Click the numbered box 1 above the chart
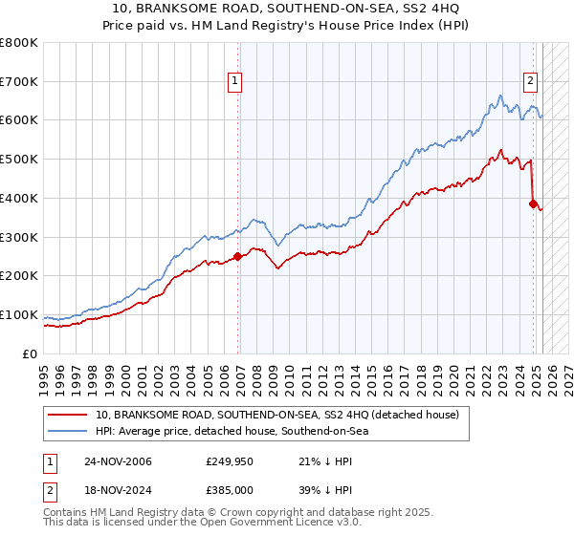234,81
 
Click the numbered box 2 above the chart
530,81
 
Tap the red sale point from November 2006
238,256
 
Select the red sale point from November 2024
533,203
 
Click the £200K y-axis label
19,275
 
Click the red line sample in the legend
68,415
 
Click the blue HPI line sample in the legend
68,431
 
